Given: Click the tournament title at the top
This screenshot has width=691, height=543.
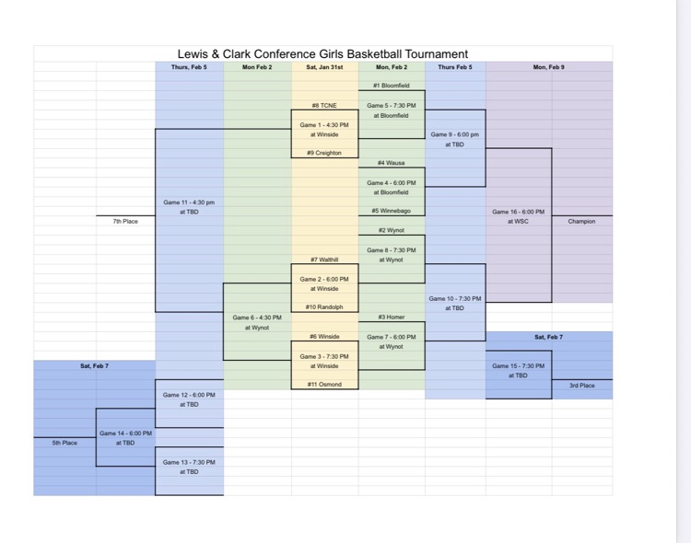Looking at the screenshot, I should coord(322,54).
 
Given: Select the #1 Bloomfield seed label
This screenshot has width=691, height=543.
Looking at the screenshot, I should coord(391,86).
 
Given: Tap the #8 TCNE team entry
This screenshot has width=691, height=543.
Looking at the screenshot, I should coord(324,105).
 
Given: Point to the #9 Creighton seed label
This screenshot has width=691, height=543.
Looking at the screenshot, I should coord(324,153).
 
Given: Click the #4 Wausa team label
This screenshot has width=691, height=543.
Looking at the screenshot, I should coord(391,163).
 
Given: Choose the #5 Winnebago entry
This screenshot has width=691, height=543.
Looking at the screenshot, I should coord(391,211).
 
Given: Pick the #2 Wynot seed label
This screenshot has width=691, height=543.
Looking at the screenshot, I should coord(391,230).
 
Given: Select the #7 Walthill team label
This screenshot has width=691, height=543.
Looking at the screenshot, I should coord(324,260).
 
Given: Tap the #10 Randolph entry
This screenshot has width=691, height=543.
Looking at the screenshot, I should coord(324,307).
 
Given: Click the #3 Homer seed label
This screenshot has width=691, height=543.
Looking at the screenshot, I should coord(391,318).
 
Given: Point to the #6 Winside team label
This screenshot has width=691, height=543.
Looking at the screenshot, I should coord(324,337).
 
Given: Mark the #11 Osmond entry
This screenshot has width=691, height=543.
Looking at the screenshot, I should coord(324,385).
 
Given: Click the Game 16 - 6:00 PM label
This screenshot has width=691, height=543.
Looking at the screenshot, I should coord(519,212).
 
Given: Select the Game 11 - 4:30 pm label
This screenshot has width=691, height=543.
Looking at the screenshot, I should coord(189,202).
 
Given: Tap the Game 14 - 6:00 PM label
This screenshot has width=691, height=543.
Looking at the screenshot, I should coord(125,433).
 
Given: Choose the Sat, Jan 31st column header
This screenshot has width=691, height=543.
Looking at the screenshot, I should coord(324,67).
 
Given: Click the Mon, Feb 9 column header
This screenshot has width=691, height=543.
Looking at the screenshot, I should coord(548,67).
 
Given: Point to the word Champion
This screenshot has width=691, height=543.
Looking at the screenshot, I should coord(581,221).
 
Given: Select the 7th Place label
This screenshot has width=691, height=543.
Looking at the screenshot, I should coord(125,221).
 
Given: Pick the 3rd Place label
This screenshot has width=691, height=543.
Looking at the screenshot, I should coord(581,386).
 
